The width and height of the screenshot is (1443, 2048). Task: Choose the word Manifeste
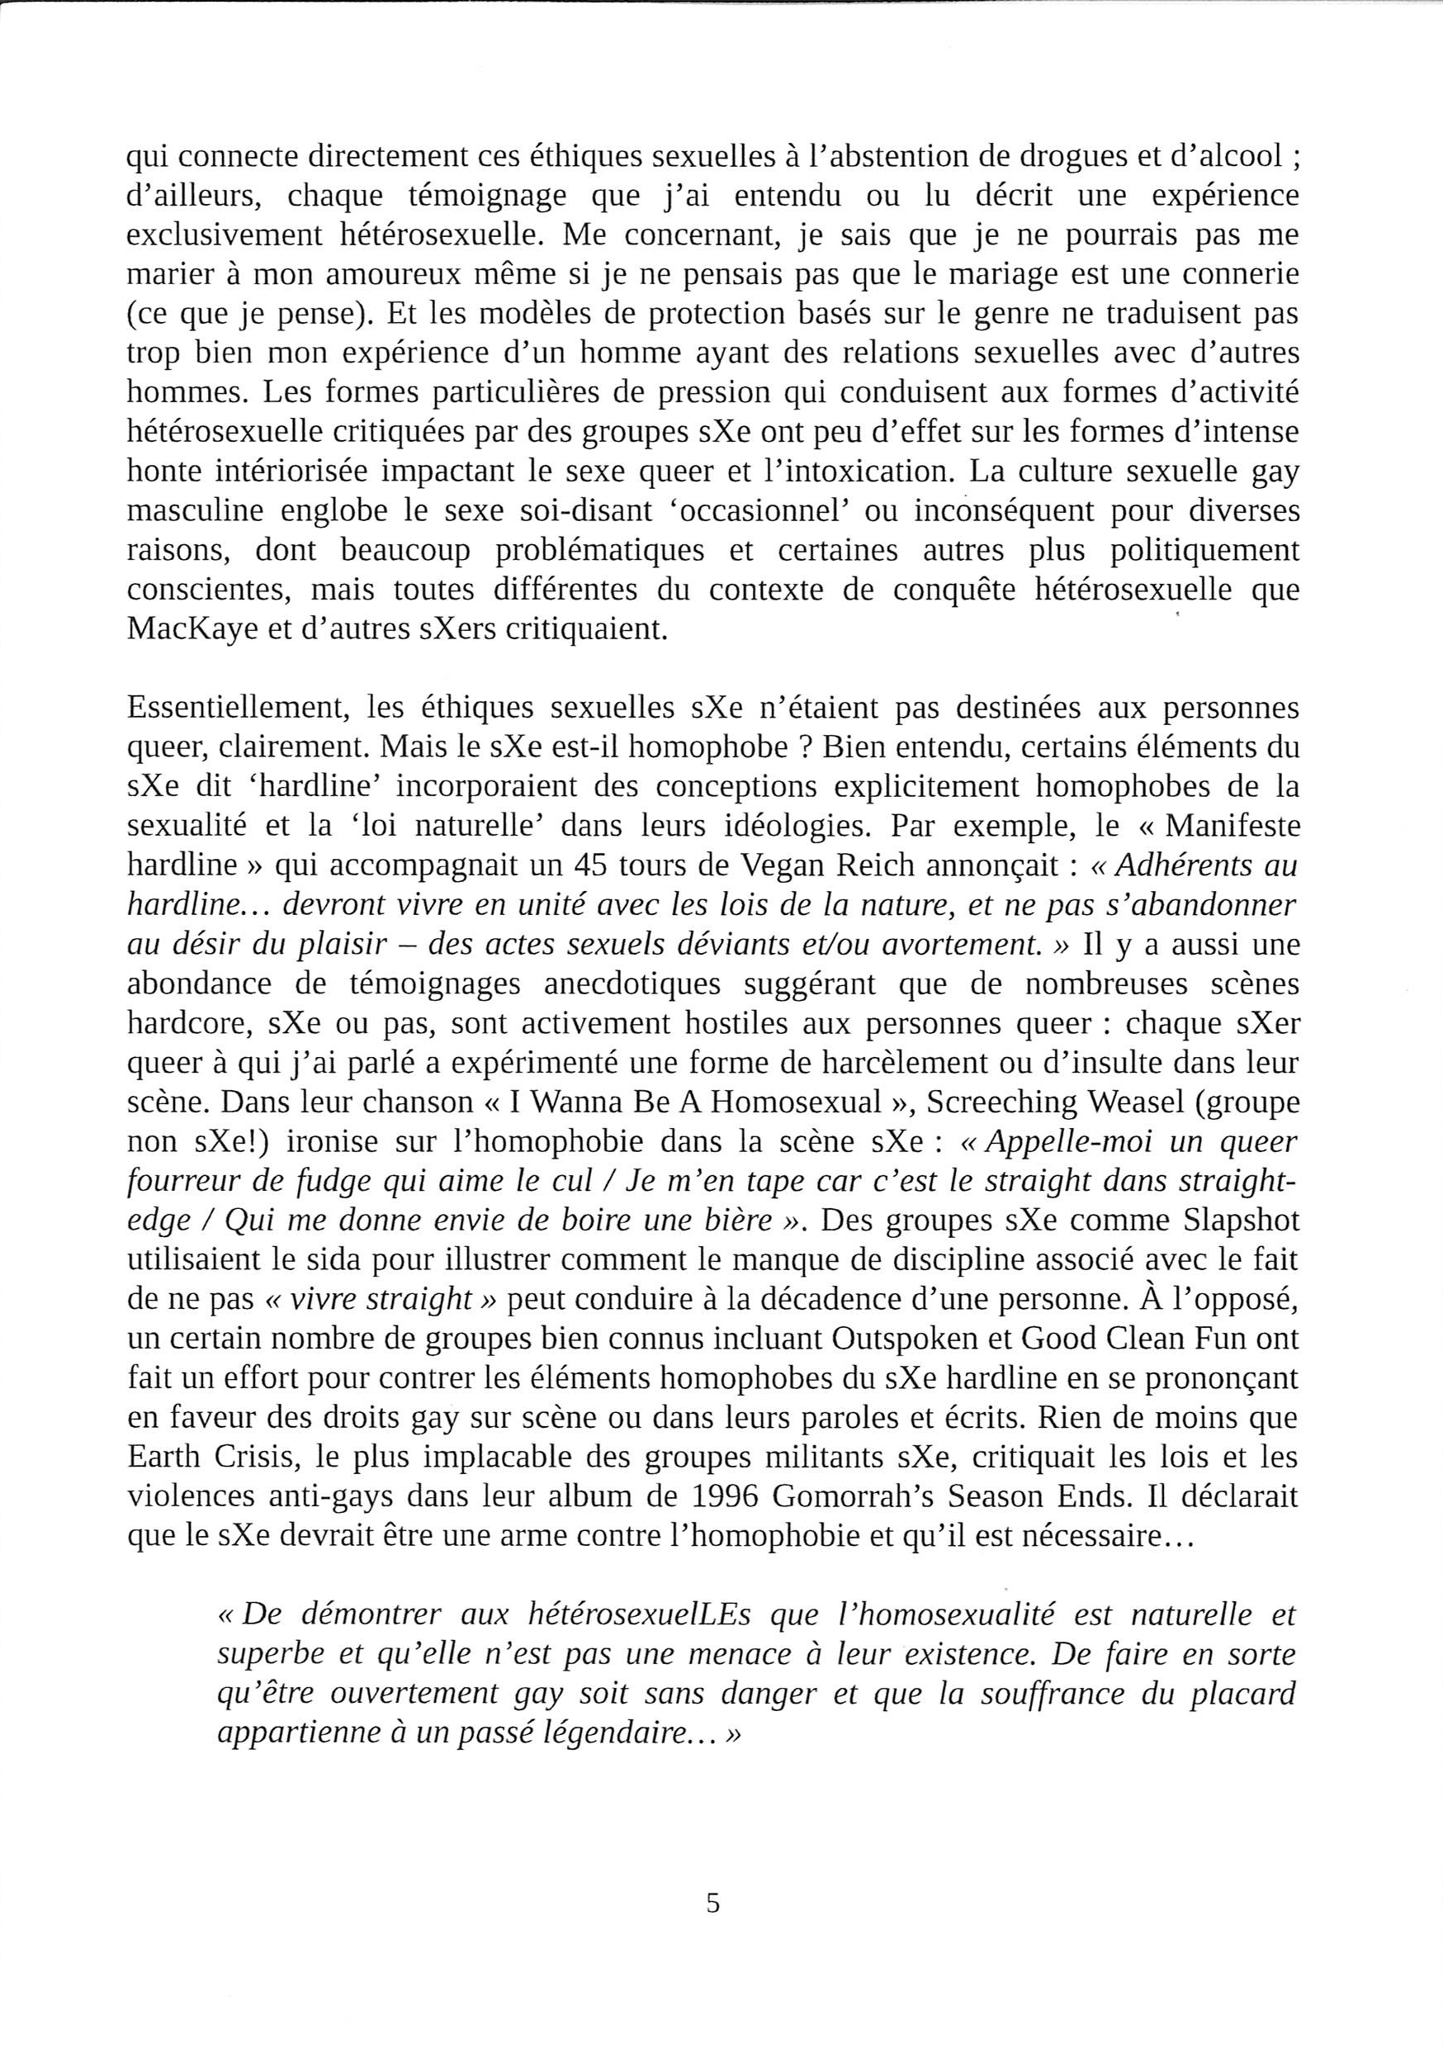pyautogui.click(x=1232, y=826)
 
